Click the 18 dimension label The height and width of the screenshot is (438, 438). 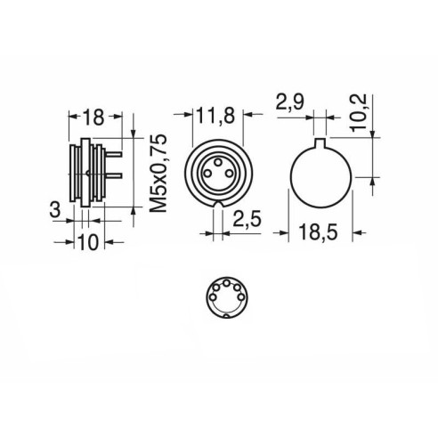click(x=93, y=118)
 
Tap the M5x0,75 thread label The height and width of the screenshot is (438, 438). click(x=158, y=174)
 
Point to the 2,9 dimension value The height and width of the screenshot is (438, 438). click(x=290, y=102)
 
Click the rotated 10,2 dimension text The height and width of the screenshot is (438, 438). click(x=359, y=113)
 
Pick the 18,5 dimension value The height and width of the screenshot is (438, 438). click(x=319, y=232)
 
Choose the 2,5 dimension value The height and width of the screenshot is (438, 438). click(x=247, y=219)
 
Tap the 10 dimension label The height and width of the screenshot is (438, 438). click(x=88, y=242)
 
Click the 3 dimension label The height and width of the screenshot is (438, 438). click(x=55, y=210)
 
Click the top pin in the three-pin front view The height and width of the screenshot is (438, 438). click(x=218, y=162)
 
